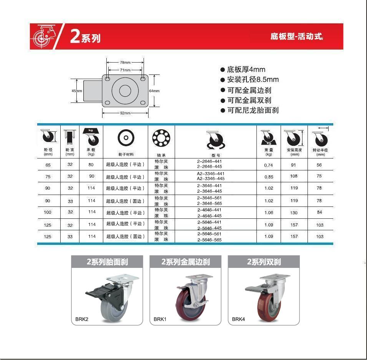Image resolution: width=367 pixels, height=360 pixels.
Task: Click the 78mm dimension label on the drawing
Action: coord(125,63)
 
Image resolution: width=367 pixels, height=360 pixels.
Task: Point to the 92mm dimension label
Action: coord(125,113)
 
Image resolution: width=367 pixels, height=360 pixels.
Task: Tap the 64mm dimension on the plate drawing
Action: coord(154,91)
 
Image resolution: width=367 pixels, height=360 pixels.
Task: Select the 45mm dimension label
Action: coord(77,91)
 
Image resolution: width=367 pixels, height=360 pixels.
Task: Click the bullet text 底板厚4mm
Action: coord(246,69)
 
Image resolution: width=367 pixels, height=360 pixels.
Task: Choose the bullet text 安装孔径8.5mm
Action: coord(253,79)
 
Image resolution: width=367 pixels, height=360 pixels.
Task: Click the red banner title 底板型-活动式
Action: coord(296,36)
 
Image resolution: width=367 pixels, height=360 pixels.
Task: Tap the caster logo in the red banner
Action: coord(44,36)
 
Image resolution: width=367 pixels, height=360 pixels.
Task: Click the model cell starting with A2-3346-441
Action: coord(211,176)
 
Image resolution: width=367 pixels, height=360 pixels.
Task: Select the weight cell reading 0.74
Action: coord(268,165)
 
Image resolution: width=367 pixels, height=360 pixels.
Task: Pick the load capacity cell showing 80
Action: coord(91,165)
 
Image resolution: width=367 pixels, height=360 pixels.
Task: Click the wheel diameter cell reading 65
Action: coord(48,165)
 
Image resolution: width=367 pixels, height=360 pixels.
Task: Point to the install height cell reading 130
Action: coord(294,213)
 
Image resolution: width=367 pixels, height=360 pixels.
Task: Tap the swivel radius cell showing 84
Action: coord(319,212)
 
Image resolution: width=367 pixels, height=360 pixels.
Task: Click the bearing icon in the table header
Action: coord(161,138)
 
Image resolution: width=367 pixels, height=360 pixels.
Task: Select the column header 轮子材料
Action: coord(126,155)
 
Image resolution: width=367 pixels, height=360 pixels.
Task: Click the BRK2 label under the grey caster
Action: coord(82,319)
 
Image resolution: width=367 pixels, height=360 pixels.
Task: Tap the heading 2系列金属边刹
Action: coord(185,262)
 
